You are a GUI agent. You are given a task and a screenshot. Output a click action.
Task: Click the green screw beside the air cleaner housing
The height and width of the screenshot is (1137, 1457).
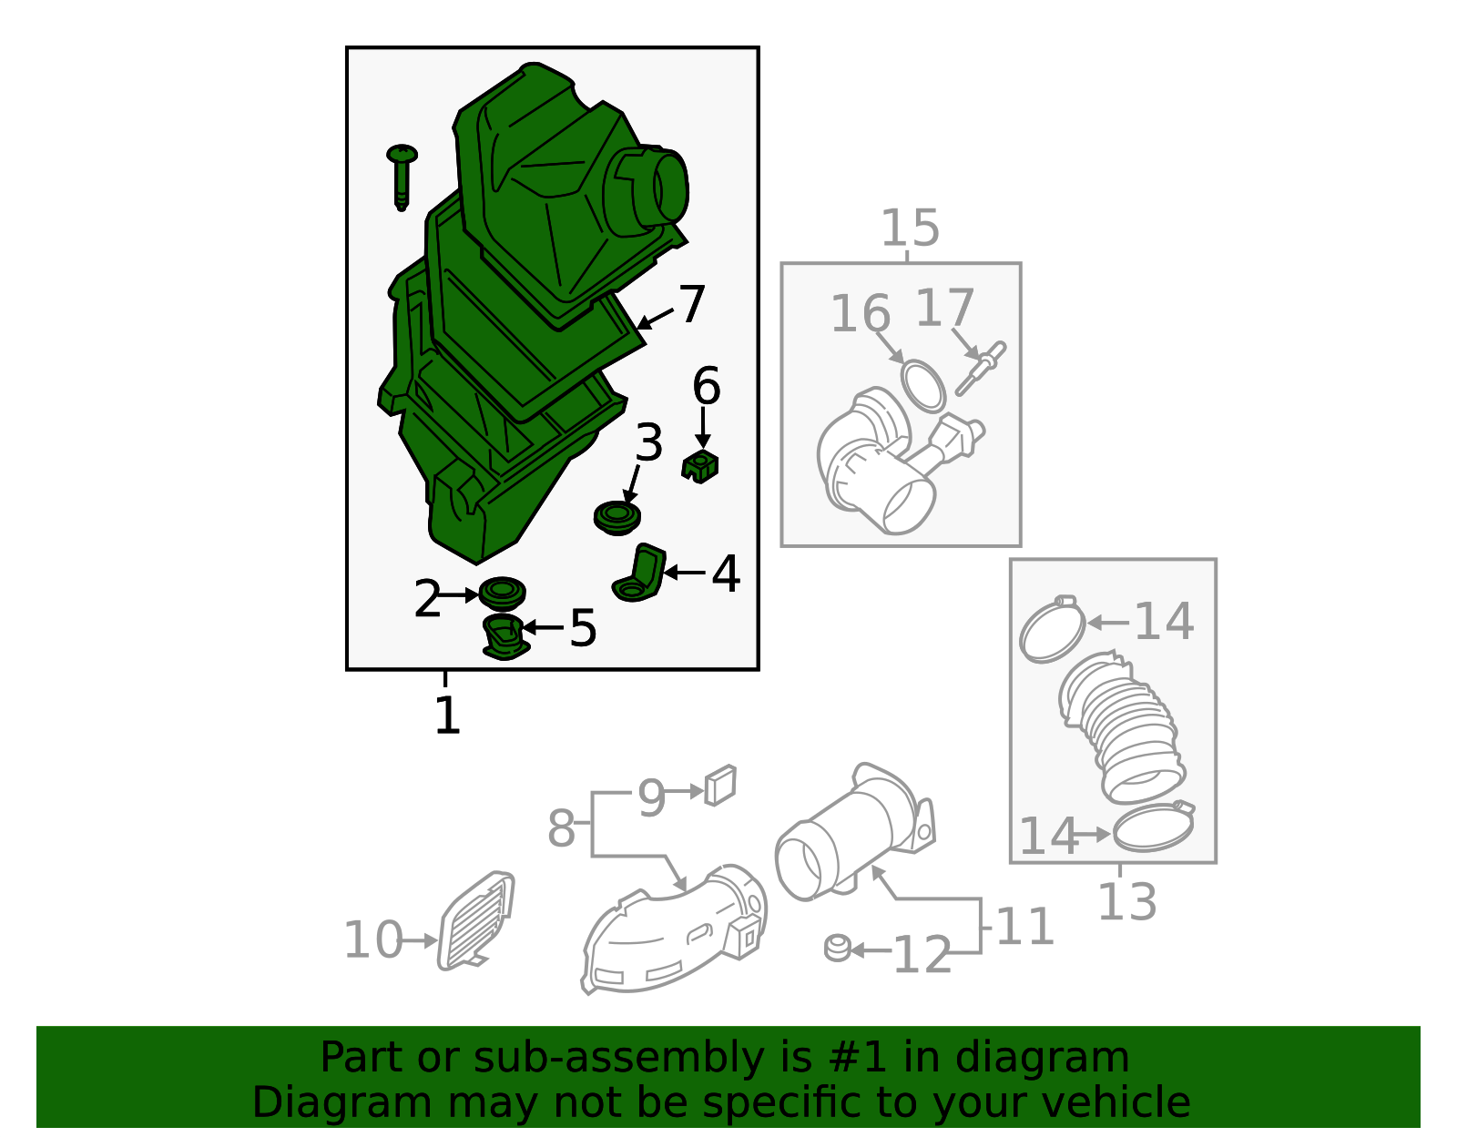tap(401, 176)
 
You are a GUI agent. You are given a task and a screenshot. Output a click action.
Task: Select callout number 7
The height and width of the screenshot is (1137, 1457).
tap(692, 304)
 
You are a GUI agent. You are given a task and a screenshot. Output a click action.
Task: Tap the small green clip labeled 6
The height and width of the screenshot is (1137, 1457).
tap(700, 466)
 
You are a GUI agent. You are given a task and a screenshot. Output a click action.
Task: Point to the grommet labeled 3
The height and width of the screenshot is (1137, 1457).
tap(616, 518)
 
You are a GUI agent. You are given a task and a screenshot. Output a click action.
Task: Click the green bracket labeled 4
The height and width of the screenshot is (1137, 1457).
tap(639, 574)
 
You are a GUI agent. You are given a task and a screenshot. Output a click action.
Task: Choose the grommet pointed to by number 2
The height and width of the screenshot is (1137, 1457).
tap(502, 593)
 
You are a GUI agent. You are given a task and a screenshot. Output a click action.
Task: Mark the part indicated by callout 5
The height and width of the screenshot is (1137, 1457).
tap(504, 636)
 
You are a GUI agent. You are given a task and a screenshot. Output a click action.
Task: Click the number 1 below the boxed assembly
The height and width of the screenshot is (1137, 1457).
tap(447, 715)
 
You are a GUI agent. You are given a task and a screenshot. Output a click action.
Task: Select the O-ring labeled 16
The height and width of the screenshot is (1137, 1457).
tap(923, 386)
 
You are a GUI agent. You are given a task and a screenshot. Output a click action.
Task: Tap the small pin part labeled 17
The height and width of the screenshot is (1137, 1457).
tap(980, 368)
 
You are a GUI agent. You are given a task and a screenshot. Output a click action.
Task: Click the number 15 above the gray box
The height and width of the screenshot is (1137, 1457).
tap(910, 228)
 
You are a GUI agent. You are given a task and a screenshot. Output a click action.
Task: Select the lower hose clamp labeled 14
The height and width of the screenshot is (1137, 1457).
tap(1153, 827)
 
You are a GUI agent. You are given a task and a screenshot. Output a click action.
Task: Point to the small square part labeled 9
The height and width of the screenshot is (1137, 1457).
tap(719, 785)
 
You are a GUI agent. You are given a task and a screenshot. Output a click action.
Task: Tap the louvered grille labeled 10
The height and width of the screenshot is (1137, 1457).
tap(476, 920)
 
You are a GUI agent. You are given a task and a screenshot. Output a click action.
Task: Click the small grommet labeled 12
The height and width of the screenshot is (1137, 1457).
tap(838, 948)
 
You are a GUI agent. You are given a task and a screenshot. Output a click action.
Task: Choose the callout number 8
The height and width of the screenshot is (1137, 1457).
tap(561, 828)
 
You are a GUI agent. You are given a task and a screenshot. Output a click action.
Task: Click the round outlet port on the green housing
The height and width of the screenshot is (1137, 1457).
tap(669, 188)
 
